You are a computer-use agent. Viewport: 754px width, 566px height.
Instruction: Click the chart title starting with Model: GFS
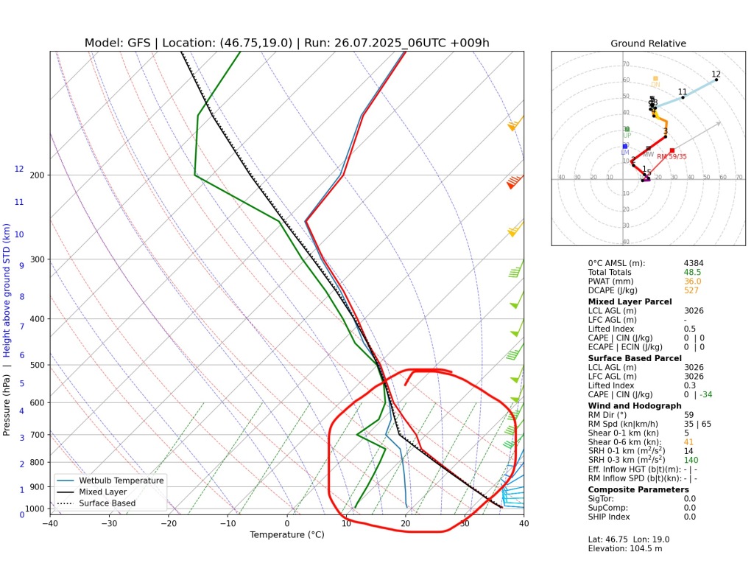point(286,43)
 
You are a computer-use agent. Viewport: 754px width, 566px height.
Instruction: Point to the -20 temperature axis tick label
point(169,524)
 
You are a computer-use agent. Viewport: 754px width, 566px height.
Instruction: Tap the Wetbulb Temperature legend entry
point(122,481)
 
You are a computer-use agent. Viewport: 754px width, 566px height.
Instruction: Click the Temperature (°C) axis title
point(286,534)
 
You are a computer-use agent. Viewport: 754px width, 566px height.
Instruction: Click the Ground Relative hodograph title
point(648,43)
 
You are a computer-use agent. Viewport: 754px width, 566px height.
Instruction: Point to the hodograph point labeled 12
point(716,79)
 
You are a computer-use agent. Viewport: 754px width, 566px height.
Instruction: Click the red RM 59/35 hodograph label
point(672,156)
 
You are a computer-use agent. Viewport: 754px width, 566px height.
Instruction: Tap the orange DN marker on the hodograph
point(655,78)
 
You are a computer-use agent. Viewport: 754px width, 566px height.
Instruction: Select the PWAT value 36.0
point(692,282)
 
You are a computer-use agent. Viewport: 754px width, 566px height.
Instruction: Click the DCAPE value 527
point(691,290)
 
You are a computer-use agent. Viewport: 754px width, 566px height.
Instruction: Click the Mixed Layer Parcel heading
point(630,301)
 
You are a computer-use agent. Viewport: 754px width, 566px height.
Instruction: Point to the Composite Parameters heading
point(638,489)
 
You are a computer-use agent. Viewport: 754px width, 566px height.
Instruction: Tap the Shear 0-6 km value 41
point(688,442)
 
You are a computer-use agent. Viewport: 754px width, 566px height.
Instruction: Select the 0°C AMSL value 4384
point(695,263)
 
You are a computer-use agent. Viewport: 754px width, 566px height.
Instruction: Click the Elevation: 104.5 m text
point(625,548)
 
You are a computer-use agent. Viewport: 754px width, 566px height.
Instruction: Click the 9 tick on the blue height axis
point(21,265)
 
